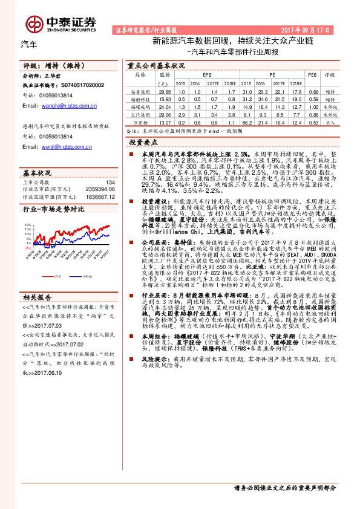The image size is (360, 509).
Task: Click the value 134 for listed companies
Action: point(110,182)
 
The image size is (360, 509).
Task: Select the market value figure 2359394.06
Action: point(97,189)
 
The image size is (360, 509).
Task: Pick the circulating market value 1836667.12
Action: point(97,196)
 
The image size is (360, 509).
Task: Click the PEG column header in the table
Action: point(313,75)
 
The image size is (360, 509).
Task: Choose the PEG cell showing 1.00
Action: point(313,106)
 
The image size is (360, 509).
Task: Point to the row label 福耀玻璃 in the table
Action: point(140,106)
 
